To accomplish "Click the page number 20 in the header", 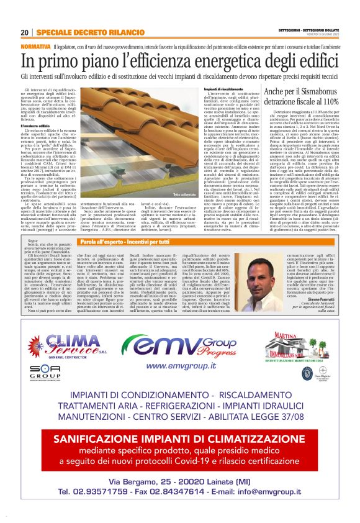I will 25,32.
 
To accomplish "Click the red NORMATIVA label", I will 35,47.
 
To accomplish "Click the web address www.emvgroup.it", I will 180,366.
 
